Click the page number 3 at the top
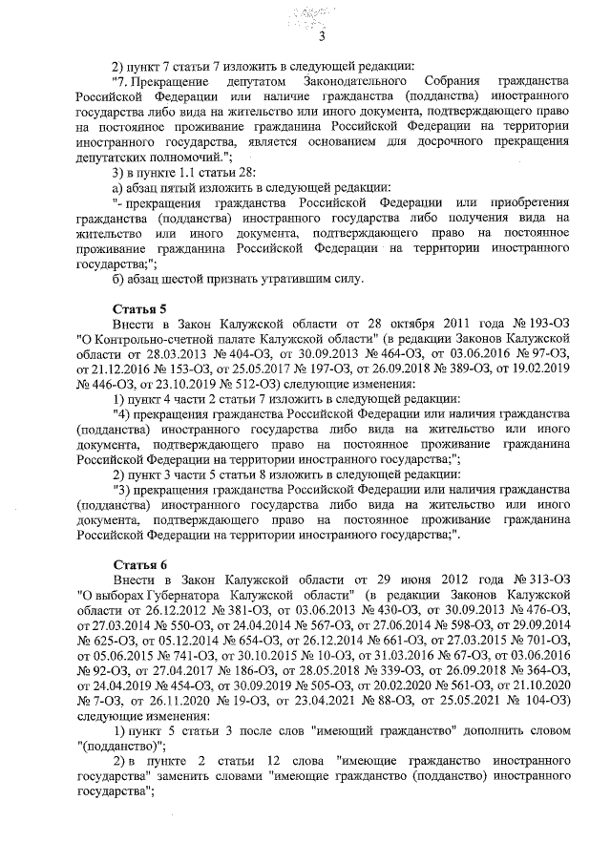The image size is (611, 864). (322, 37)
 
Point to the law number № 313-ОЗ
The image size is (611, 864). (541, 580)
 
